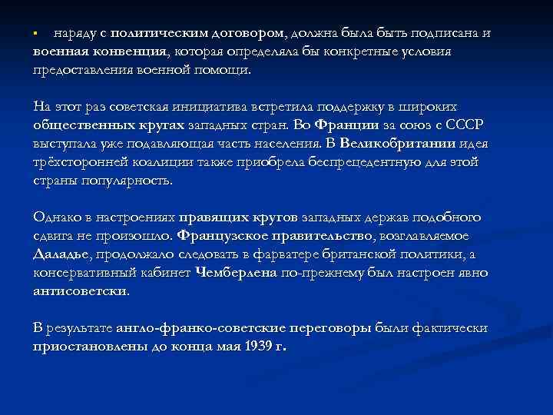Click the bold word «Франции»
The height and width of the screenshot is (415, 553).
tap(348, 125)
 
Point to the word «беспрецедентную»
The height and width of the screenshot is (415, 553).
tap(363, 161)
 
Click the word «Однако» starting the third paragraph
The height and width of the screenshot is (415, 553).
tap(55, 217)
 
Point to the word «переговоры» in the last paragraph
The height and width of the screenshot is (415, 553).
tap(333, 327)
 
